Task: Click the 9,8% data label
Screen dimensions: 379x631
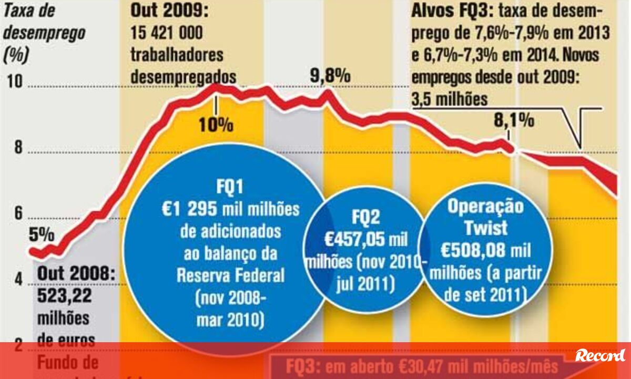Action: [330, 76]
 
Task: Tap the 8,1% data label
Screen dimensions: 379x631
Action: [514, 121]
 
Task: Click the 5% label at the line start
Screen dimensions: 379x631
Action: [42, 235]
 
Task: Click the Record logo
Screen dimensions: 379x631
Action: [600, 355]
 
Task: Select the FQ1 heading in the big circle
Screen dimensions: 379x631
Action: [230, 187]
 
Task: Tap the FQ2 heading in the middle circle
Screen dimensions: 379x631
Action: [366, 217]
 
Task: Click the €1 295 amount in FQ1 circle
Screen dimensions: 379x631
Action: [190, 209]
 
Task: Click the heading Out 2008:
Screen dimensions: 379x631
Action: [76, 274]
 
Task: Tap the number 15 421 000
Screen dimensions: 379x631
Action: [166, 33]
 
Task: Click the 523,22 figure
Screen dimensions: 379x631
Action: [64, 296]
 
